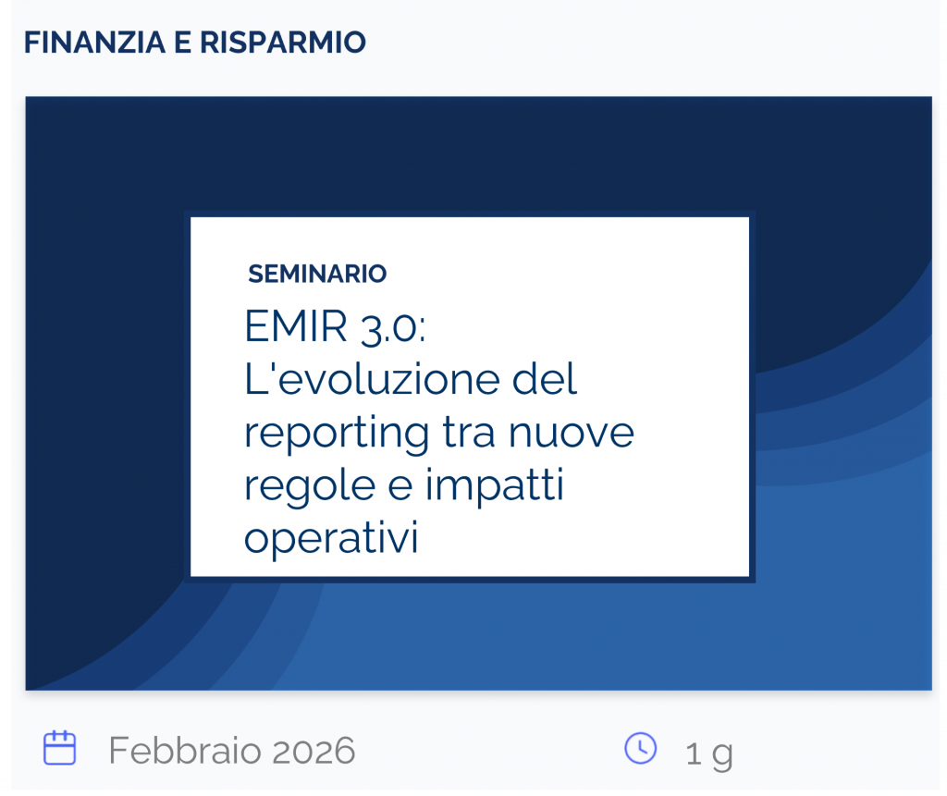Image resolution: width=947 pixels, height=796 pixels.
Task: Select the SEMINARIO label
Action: [x=317, y=274]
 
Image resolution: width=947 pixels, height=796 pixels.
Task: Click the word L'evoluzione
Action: [x=365, y=380]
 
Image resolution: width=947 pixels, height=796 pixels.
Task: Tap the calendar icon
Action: [x=60, y=748]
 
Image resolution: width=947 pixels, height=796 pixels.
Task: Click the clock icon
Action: [x=641, y=748]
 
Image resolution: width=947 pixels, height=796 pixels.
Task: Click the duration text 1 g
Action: [x=708, y=753]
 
